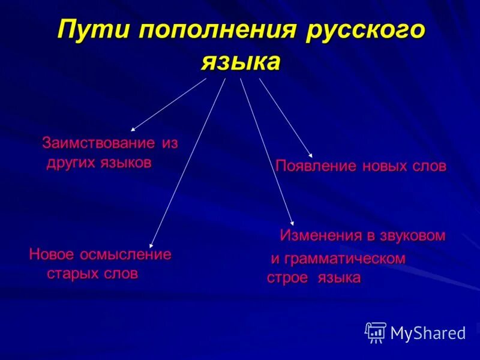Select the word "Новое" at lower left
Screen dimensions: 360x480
51,254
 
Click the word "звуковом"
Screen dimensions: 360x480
412,235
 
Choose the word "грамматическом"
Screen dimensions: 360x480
345,259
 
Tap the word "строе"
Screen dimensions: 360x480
287,278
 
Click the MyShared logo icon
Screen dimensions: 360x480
376,332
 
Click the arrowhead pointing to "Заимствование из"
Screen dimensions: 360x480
133,129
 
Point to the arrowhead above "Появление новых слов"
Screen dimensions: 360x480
310,155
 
